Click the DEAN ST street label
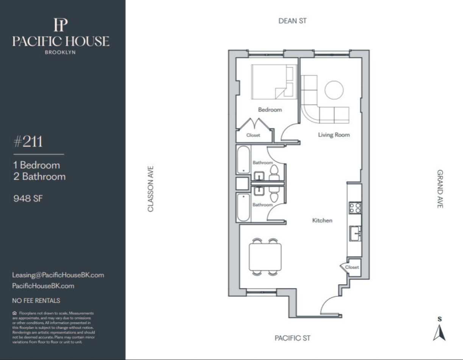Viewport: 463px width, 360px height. [x=292, y=21]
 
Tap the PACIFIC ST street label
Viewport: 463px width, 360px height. [x=292, y=338]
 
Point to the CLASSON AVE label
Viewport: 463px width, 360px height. [x=150, y=189]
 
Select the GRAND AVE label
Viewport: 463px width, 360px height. [x=440, y=189]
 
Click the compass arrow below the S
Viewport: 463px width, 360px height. [x=440, y=333]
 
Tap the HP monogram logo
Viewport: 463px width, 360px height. [x=61, y=25]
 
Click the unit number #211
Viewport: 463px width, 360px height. [x=28, y=141]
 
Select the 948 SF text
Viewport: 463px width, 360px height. [x=28, y=199]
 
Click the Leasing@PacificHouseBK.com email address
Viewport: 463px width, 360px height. [x=58, y=275]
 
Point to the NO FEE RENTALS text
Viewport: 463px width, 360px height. [x=36, y=301]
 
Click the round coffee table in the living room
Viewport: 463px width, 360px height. [x=334, y=90]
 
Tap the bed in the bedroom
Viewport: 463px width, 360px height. [x=274, y=82]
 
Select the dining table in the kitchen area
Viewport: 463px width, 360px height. [x=265, y=257]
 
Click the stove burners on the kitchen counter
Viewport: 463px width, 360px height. [x=355, y=208]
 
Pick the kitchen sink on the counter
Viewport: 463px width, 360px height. [x=355, y=233]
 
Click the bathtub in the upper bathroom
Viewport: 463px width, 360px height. [x=243, y=160]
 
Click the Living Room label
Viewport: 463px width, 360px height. [x=334, y=135]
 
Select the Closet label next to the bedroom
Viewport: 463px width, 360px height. [x=253, y=135]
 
